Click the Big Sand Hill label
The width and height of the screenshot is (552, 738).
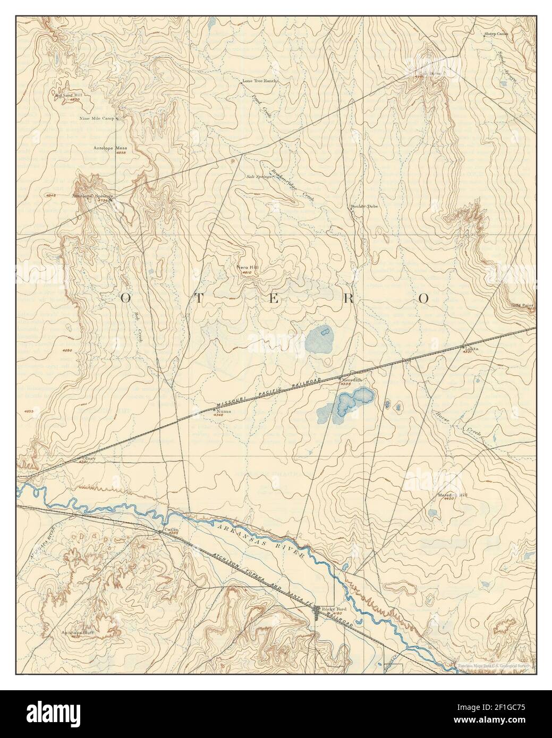tap(70, 96)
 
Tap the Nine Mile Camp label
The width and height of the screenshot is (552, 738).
tap(97, 118)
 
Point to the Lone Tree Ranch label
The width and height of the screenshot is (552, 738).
tap(260, 81)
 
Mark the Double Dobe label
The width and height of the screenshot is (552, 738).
tap(364, 206)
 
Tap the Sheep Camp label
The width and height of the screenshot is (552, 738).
tap(496, 34)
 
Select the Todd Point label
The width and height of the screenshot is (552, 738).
tap(522, 305)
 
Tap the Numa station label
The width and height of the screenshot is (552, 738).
tap(219, 410)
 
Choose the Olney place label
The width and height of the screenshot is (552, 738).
tap(88, 458)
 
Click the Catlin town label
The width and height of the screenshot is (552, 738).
tap(170, 529)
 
